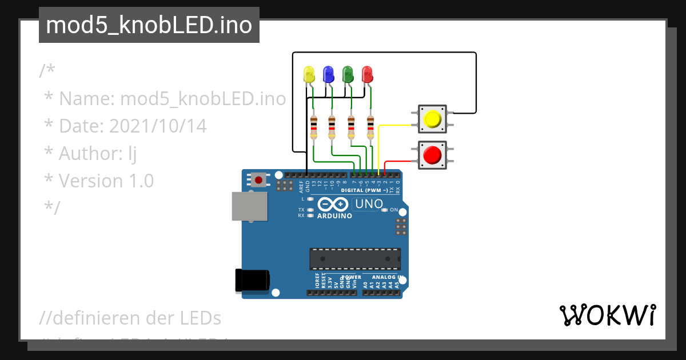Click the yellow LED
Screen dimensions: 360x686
[309, 74]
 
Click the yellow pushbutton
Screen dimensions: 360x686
[432, 119]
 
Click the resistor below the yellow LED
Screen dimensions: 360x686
[313, 127]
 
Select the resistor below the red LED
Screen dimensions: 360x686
[370, 127]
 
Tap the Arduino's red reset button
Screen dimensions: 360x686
[259, 181]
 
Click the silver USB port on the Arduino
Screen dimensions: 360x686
[249, 206]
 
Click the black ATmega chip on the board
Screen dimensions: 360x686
[354, 258]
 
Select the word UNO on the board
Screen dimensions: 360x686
[368, 204]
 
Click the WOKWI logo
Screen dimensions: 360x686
[607, 315]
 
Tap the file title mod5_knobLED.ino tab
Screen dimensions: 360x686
[149, 25]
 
